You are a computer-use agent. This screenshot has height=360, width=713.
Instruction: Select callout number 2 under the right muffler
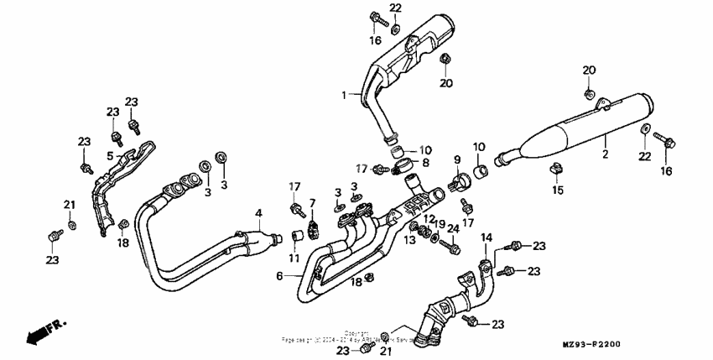(604, 155)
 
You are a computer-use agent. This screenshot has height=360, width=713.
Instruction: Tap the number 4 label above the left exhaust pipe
(259, 212)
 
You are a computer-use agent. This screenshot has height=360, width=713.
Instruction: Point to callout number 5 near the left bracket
(110, 155)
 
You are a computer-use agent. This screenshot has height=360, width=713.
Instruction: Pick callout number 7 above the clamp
(312, 203)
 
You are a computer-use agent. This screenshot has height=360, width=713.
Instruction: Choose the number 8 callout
(425, 162)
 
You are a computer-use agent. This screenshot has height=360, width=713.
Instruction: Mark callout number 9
(457, 159)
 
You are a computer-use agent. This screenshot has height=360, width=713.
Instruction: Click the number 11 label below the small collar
(295, 257)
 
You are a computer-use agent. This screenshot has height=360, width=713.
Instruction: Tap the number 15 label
(554, 190)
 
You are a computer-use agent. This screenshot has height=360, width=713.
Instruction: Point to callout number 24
(453, 228)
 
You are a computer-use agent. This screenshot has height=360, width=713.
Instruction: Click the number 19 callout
(440, 225)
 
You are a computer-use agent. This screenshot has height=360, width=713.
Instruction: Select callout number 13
(410, 240)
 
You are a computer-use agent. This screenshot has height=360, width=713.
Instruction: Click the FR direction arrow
(39, 332)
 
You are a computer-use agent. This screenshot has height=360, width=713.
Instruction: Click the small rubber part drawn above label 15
(554, 170)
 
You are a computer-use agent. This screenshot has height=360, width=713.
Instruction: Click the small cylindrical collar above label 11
(296, 234)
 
